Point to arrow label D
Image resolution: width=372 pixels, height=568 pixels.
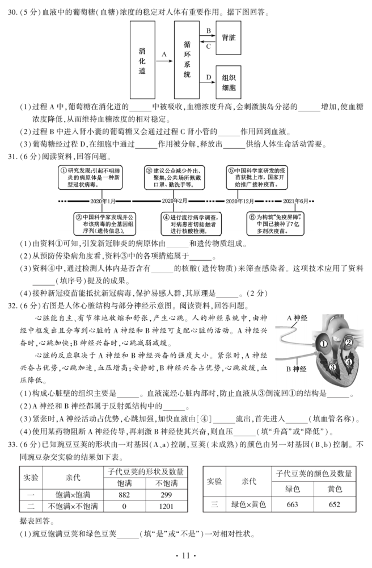pos(209,76)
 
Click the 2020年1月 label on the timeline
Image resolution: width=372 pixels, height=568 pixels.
pos(103,202)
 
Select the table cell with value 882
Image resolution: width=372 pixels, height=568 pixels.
pos(123,494)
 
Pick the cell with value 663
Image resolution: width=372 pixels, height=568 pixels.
pos(293,504)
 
